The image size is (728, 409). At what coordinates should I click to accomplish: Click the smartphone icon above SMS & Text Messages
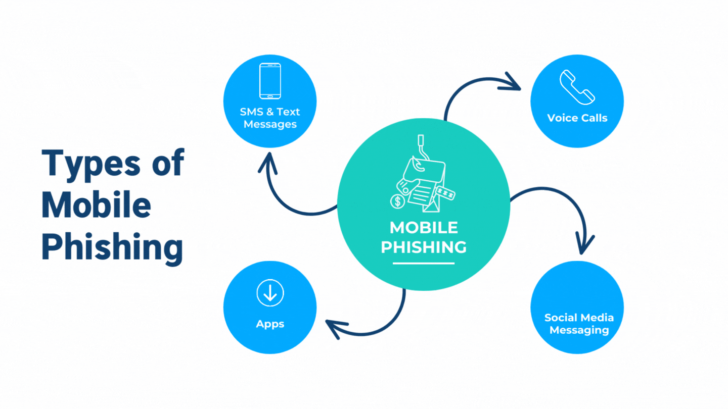point(270,81)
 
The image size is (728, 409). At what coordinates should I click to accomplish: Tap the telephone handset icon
point(577,87)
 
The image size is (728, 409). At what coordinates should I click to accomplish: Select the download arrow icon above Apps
point(270,293)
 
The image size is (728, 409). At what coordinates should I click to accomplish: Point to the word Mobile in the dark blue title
point(96,205)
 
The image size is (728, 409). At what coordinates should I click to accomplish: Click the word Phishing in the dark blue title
point(111,247)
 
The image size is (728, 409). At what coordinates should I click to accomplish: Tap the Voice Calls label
point(577,118)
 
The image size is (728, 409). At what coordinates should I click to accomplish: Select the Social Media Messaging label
point(579,324)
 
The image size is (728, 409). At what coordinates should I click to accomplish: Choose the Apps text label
point(270,324)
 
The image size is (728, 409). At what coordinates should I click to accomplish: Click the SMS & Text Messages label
point(270,118)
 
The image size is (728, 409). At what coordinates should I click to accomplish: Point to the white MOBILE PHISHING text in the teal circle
point(424,237)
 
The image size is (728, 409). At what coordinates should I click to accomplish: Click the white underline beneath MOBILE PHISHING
point(424,263)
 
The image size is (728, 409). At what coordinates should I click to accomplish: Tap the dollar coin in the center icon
point(398,201)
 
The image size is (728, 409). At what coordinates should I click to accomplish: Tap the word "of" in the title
point(166,164)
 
